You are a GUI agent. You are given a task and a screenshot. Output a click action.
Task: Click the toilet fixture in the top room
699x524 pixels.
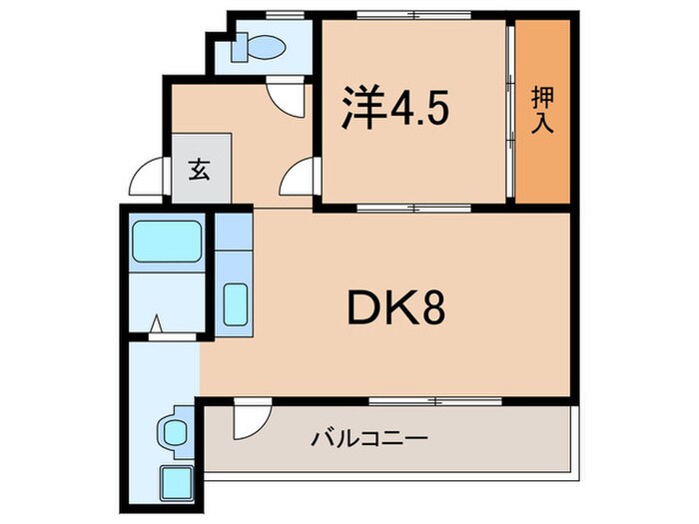tap(263, 46)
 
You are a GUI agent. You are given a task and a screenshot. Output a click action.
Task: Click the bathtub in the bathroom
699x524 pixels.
tap(167, 241)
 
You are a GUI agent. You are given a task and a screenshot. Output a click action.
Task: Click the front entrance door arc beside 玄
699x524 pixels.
tap(149, 181)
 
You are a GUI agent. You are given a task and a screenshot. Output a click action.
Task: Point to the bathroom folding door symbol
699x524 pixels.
tap(157, 325)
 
